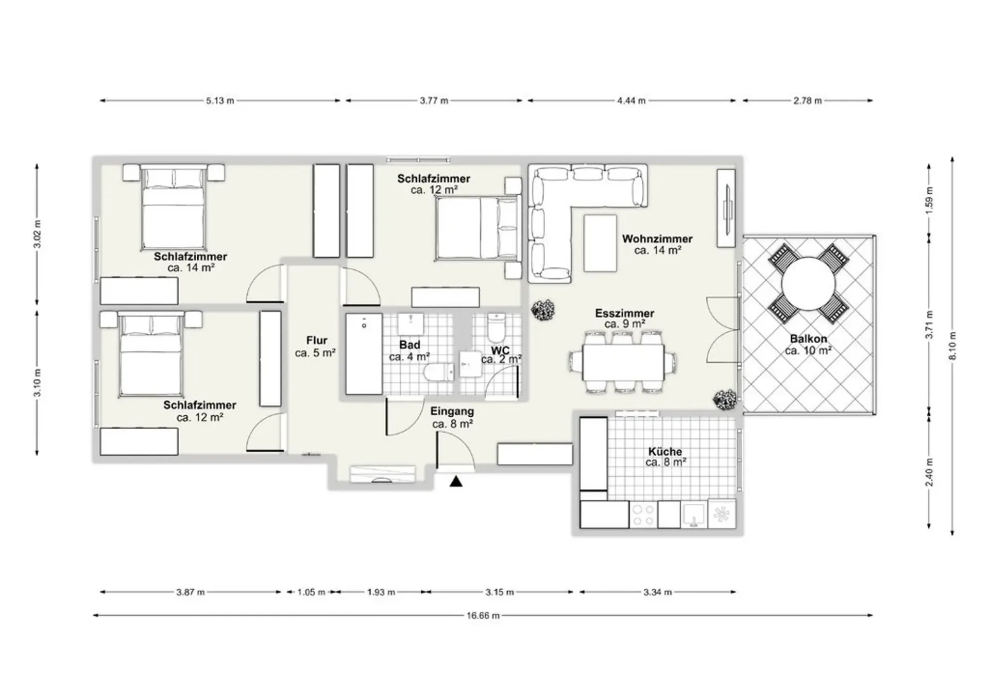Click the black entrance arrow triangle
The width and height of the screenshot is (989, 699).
456,481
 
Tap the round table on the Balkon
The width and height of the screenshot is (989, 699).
808,284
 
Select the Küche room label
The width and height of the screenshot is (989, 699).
666,451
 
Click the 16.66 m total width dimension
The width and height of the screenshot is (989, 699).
483,615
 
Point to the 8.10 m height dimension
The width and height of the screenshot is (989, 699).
952,346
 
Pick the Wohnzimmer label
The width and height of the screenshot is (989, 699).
657,238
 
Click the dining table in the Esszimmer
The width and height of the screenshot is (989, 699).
623,362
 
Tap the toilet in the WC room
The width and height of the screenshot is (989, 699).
497,328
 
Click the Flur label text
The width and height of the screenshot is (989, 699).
317,340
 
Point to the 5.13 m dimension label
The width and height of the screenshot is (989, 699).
220,101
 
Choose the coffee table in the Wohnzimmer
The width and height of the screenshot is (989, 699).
600,243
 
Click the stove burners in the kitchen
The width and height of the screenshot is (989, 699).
643,515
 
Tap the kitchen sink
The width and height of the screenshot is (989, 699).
694,515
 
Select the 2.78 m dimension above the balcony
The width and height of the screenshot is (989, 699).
807,101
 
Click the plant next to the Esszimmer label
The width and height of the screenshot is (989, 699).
543,311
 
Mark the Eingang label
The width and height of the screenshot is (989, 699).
452,412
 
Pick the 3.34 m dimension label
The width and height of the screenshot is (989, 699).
657,592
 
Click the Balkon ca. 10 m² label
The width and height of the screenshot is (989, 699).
808,345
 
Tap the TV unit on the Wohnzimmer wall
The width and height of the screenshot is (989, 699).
726,208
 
